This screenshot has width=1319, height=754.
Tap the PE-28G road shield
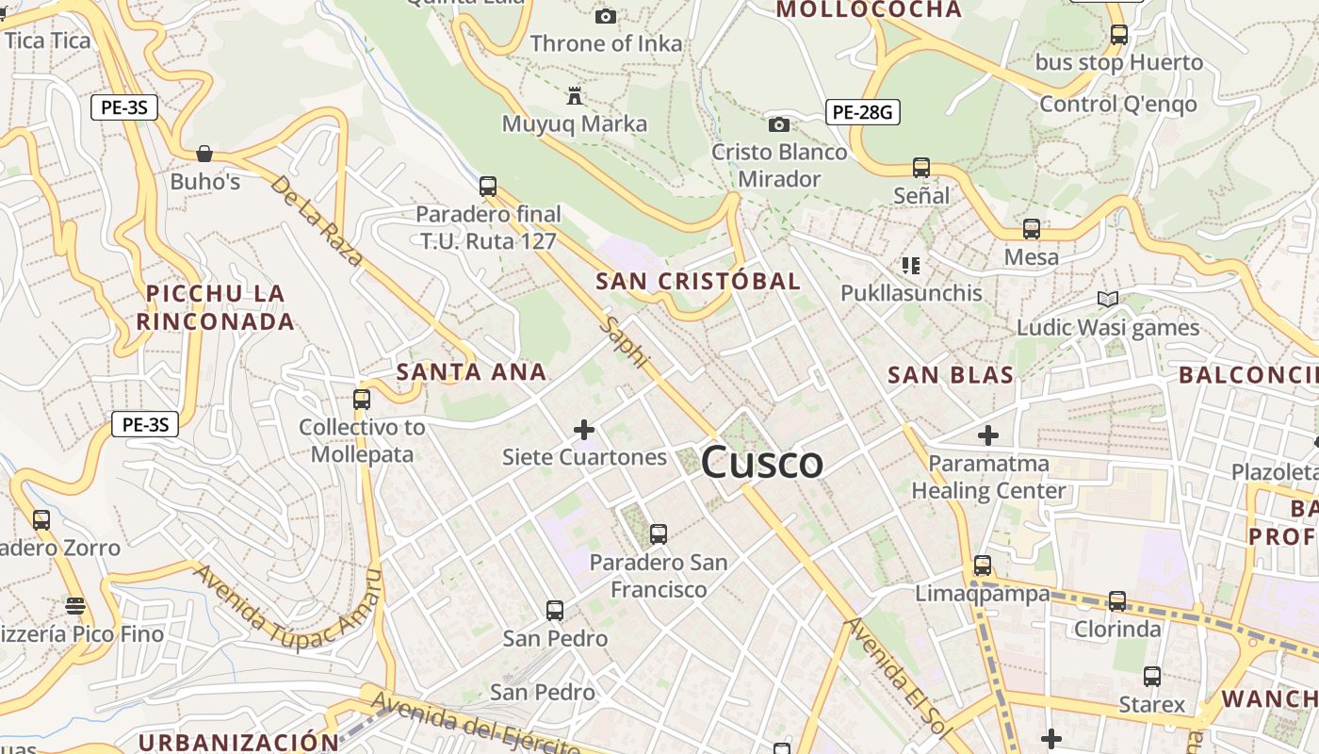pos(862,112)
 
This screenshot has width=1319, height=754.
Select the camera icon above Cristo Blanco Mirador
pos(778,124)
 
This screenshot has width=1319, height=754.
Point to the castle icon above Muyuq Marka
pos(574,95)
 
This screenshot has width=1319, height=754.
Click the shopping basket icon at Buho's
pos(204,154)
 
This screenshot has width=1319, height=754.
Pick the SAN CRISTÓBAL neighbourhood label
pos(698,281)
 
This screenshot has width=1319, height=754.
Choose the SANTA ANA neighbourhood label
pos(471,372)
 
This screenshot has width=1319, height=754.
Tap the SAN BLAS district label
pos(951,375)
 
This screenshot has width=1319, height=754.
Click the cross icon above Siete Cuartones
pos(584,430)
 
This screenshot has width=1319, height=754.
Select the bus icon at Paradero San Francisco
pos(659,534)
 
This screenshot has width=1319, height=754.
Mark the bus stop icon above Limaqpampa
pos(983,565)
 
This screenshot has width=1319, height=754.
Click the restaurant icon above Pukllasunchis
pos(910,266)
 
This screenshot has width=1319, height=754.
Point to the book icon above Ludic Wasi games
pos(1108,300)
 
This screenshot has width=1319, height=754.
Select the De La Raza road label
pos(317,220)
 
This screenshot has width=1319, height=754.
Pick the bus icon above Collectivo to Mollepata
pos(362,399)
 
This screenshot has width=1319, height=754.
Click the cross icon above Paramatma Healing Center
pos(987,435)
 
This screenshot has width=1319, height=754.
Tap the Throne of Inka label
pos(606,43)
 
